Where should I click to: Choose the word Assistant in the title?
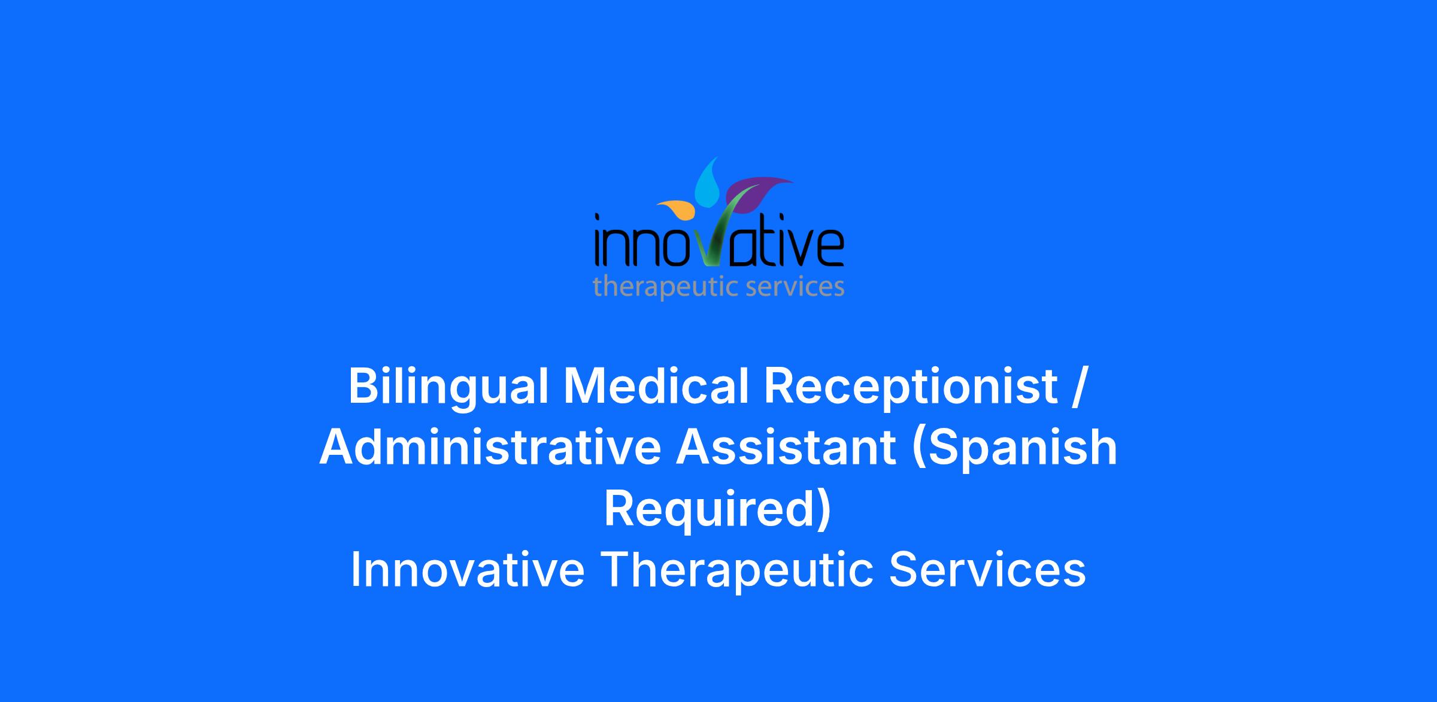click(786, 448)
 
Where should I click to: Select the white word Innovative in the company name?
click(467, 570)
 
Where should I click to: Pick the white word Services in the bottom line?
click(987, 570)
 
